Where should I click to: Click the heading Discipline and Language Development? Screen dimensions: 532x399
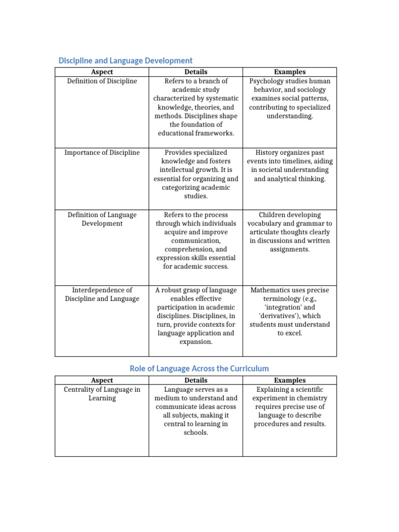pos(125,61)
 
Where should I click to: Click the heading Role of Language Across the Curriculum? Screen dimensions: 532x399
pos(199,368)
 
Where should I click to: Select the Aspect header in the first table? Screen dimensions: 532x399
pos(102,72)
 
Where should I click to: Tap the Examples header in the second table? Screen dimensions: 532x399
pos(289,380)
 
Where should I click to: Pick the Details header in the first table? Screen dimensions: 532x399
pos(196,72)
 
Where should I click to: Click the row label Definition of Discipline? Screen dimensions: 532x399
pos(102,81)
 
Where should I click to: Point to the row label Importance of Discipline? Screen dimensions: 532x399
pos(102,153)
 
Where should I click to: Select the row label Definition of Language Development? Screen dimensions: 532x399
pos(102,219)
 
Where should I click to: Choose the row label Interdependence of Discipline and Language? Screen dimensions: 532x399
pos(102,295)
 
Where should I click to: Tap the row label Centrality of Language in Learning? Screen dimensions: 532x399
pos(102,394)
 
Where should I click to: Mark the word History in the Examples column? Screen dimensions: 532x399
pos(268,153)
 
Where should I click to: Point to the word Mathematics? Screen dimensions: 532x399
pos(272,290)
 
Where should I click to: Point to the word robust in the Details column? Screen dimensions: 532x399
pos(177,290)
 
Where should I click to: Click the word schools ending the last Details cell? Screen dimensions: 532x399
pos(196,433)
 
